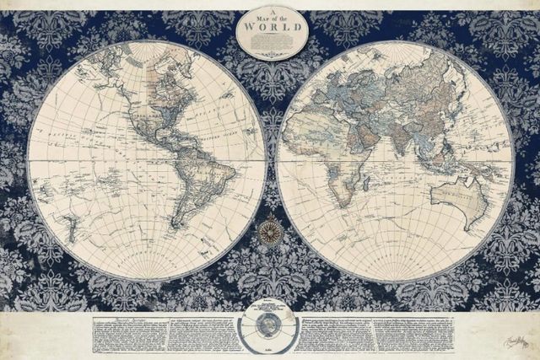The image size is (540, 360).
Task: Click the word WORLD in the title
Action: click(270, 24)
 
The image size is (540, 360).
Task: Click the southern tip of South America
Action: click(178, 226)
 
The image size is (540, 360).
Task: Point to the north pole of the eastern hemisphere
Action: click(395, 43)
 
